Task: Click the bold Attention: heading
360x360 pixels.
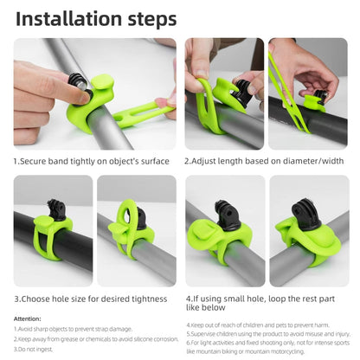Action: tap(28, 318)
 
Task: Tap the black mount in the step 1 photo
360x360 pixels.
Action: tap(77, 84)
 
